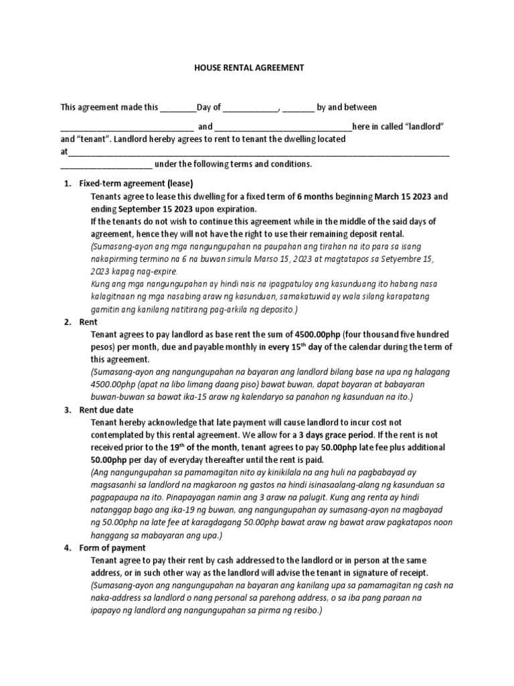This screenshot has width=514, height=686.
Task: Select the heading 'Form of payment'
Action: point(112,547)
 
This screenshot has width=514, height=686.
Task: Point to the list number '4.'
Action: point(68,547)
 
